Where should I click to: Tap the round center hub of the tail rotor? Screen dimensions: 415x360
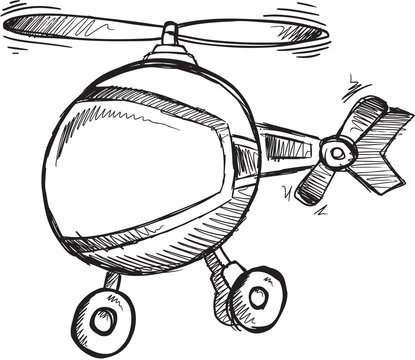pyautogui.click(x=337, y=153)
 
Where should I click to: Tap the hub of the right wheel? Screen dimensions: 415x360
pyautogui.click(x=260, y=296)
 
